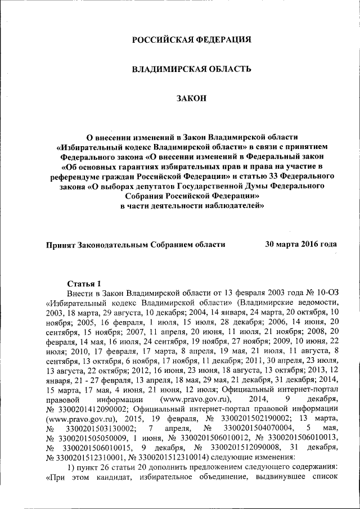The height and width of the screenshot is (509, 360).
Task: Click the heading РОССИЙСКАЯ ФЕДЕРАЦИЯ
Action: pyautogui.click(x=191, y=40)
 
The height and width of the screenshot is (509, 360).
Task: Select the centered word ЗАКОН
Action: pyautogui.click(x=191, y=98)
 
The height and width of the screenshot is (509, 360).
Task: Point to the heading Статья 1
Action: pyautogui.click(x=84, y=283)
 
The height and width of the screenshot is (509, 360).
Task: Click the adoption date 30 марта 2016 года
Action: pyautogui.click(x=301, y=244)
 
